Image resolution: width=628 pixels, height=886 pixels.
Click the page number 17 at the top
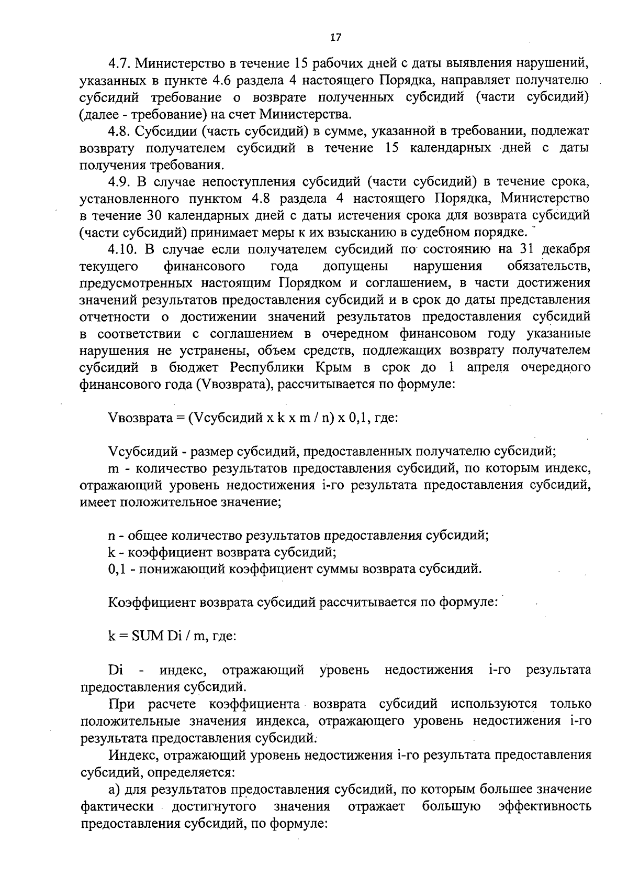point(335,37)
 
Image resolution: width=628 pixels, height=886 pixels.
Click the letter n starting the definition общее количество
point(111,536)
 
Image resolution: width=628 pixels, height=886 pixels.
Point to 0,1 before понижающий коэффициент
point(116,568)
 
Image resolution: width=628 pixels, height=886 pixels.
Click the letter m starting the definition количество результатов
point(114,468)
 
